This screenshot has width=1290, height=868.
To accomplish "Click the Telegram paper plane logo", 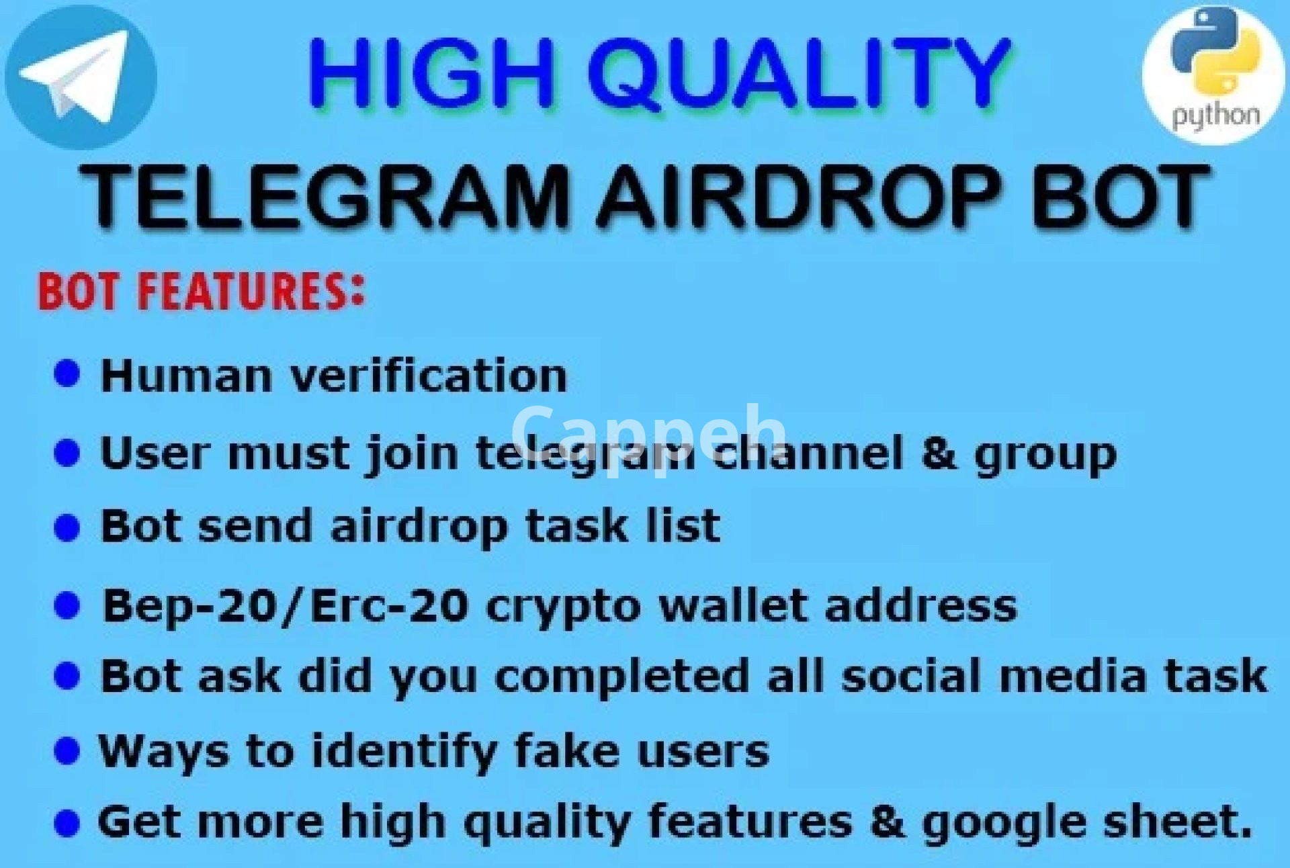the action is click(x=81, y=77).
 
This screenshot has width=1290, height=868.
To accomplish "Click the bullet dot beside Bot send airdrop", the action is click(x=67, y=527).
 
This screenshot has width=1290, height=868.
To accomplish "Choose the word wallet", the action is click(x=734, y=605).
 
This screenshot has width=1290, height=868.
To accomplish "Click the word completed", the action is click(x=621, y=677).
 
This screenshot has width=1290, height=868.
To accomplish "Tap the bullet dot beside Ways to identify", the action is click(x=67, y=750).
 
